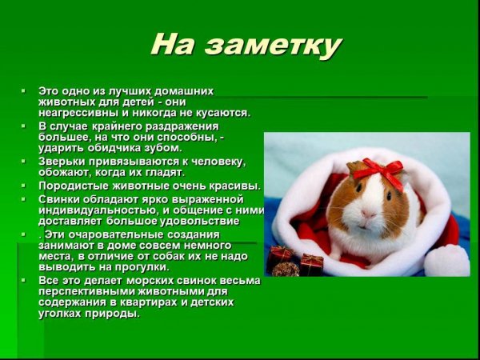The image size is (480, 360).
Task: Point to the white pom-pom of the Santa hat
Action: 446,261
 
